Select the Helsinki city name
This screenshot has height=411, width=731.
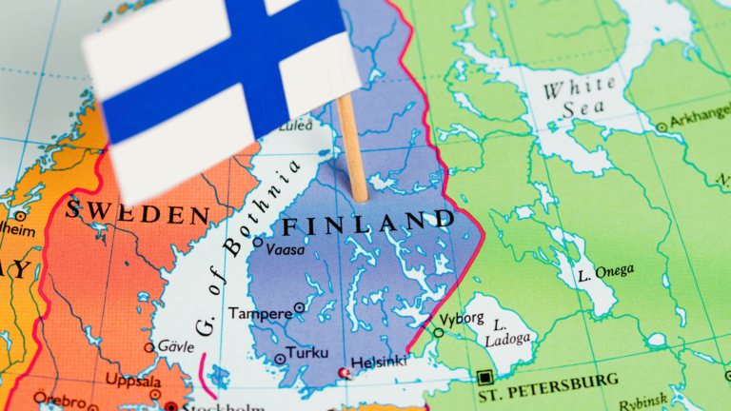pyautogui.click(x=380, y=362)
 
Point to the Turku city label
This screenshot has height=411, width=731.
pyautogui.click(x=306, y=351)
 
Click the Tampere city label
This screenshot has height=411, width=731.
pyautogui.click(x=259, y=313)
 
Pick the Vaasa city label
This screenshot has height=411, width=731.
pyautogui.click(x=286, y=249)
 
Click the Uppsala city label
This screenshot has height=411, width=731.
pyautogui.click(x=132, y=382)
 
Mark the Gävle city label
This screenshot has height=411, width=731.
pyautogui.click(x=176, y=346)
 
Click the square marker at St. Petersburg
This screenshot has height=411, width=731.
pyautogui.click(x=486, y=377)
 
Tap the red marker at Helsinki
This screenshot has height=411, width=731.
pyautogui.click(x=345, y=373)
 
